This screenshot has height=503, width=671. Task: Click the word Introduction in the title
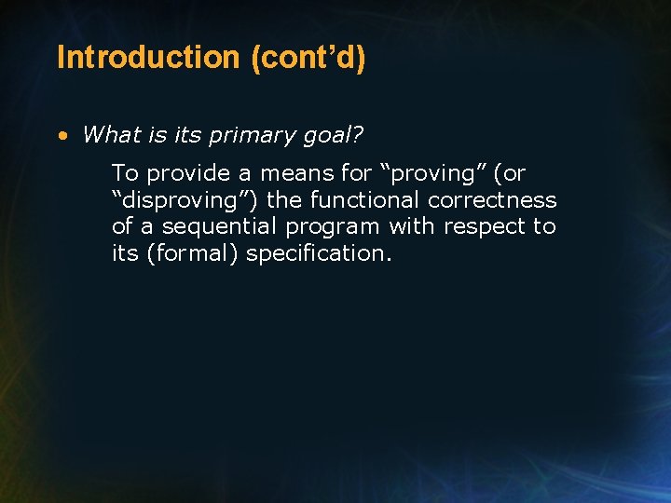point(148,58)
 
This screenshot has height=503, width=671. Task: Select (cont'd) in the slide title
point(308,58)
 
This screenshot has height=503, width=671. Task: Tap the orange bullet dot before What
point(62,135)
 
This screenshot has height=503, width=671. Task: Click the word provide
point(187,173)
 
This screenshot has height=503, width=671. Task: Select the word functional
point(365,199)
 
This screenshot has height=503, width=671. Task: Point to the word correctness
point(492,199)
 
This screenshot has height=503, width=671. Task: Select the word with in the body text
point(409,226)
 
